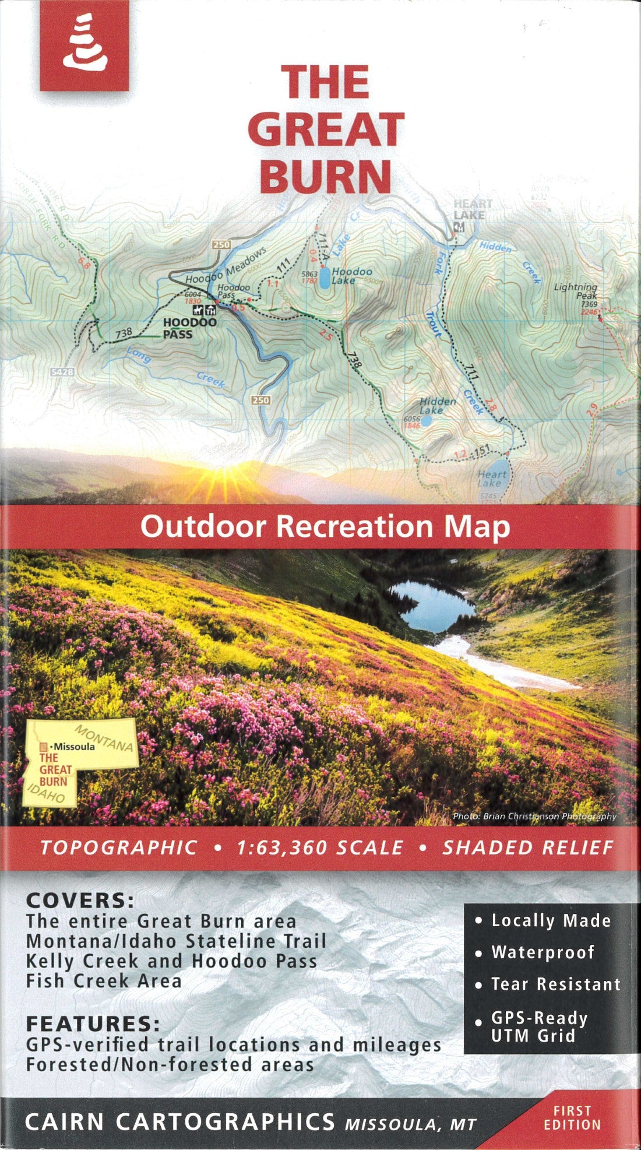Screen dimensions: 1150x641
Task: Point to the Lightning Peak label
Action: (576, 291)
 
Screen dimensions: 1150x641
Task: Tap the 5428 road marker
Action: (62, 371)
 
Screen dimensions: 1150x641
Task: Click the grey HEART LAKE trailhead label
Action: (473, 209)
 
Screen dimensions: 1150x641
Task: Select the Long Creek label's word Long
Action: (139, 355)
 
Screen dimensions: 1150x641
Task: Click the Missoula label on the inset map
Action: (74, 746)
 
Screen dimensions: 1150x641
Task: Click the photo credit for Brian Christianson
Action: (534, 816)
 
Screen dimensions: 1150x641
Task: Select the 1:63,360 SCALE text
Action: (319, 847)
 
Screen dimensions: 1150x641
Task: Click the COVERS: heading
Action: (80, 901)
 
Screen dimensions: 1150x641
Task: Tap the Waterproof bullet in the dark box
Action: (542, 952)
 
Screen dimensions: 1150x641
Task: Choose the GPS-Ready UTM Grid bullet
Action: (538, 1027)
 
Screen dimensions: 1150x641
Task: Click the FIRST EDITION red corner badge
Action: (572, 1117)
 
